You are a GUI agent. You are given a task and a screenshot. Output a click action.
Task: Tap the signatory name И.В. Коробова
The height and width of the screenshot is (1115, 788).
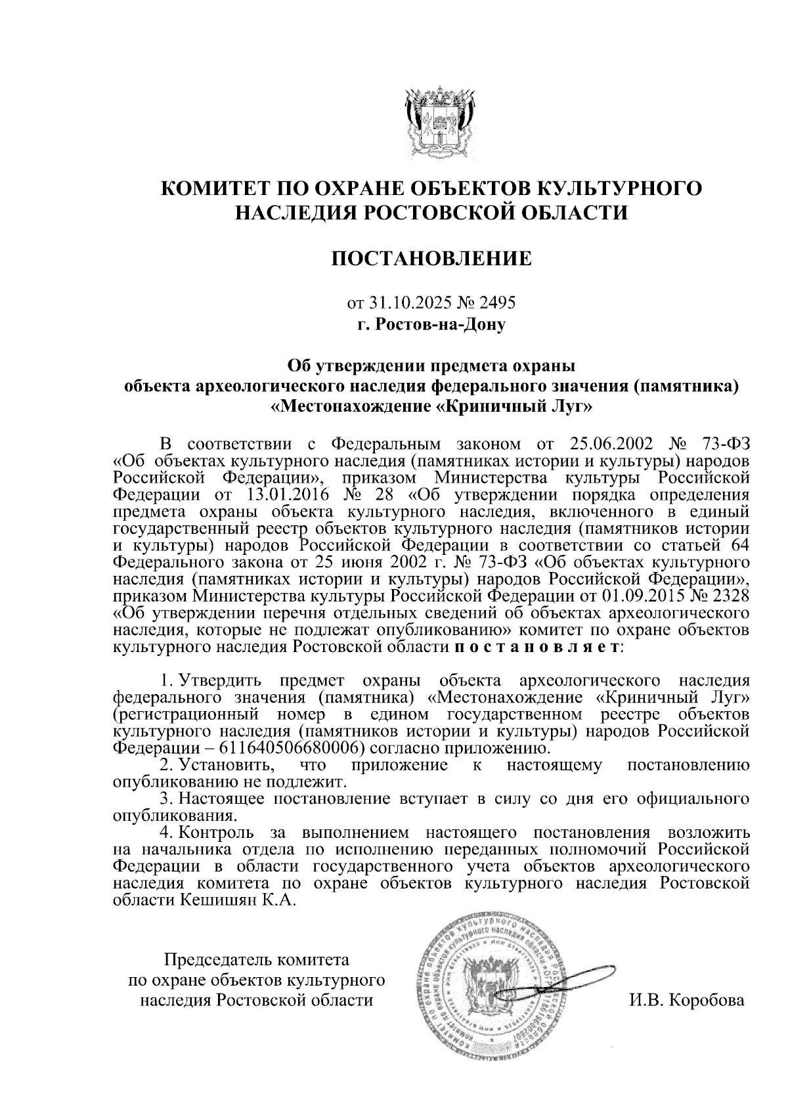(x=686, y=1001)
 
